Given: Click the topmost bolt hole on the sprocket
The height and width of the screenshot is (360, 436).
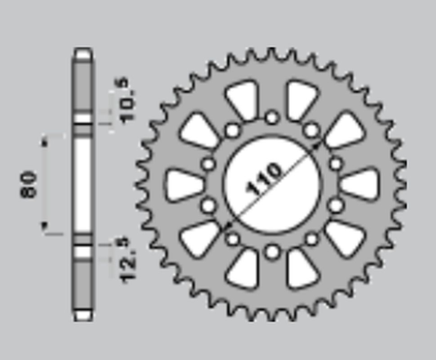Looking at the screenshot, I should click(271, 116).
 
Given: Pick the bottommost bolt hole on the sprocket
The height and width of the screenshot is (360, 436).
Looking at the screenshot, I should click(271, 250).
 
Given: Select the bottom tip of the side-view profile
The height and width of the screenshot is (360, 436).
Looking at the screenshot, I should click(83, 315).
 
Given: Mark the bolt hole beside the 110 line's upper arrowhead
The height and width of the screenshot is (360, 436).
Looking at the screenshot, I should click(311, 131).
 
